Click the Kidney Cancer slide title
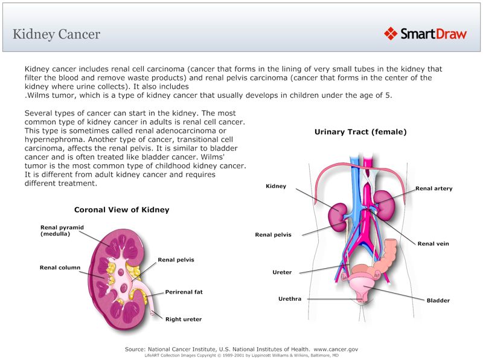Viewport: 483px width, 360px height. click(x=57, y=34)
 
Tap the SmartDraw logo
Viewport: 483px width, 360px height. click(x=426, y=34)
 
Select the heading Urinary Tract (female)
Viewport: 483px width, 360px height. click(x=360, y=132)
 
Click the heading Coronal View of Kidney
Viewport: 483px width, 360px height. click(x=121, y=210)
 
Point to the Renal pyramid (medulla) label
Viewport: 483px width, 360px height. click(x=62, y=231)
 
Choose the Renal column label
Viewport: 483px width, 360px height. click(x=60, y=268)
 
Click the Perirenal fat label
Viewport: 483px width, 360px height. click(x=184, y=292)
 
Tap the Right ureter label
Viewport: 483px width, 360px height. click(x=183, y=320)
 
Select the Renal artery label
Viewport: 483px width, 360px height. click(x=433, y=188)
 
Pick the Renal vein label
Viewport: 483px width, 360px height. click(x=433, y=244)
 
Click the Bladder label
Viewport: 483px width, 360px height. click(x=438, y=300)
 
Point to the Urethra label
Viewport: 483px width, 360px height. click(x=289, y=298)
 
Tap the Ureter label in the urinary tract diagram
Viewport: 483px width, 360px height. click(x=282, y=272)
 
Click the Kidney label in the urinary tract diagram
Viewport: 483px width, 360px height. click(x=276, y=186)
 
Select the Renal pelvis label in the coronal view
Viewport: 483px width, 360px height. click(x=176, y=260)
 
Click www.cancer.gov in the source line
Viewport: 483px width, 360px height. click(x=336, y=349)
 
